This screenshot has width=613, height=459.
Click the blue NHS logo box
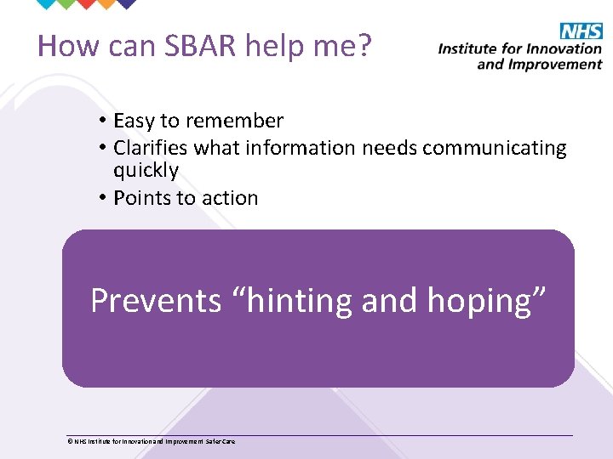click(x=581, y=32)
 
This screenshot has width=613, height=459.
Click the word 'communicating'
click(x=494, y=148)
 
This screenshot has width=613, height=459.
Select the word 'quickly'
click(x=146, y=171)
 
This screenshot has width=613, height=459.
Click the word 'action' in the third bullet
click(x=231, y=198)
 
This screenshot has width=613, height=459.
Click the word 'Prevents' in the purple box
click(x=156, y=301)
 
